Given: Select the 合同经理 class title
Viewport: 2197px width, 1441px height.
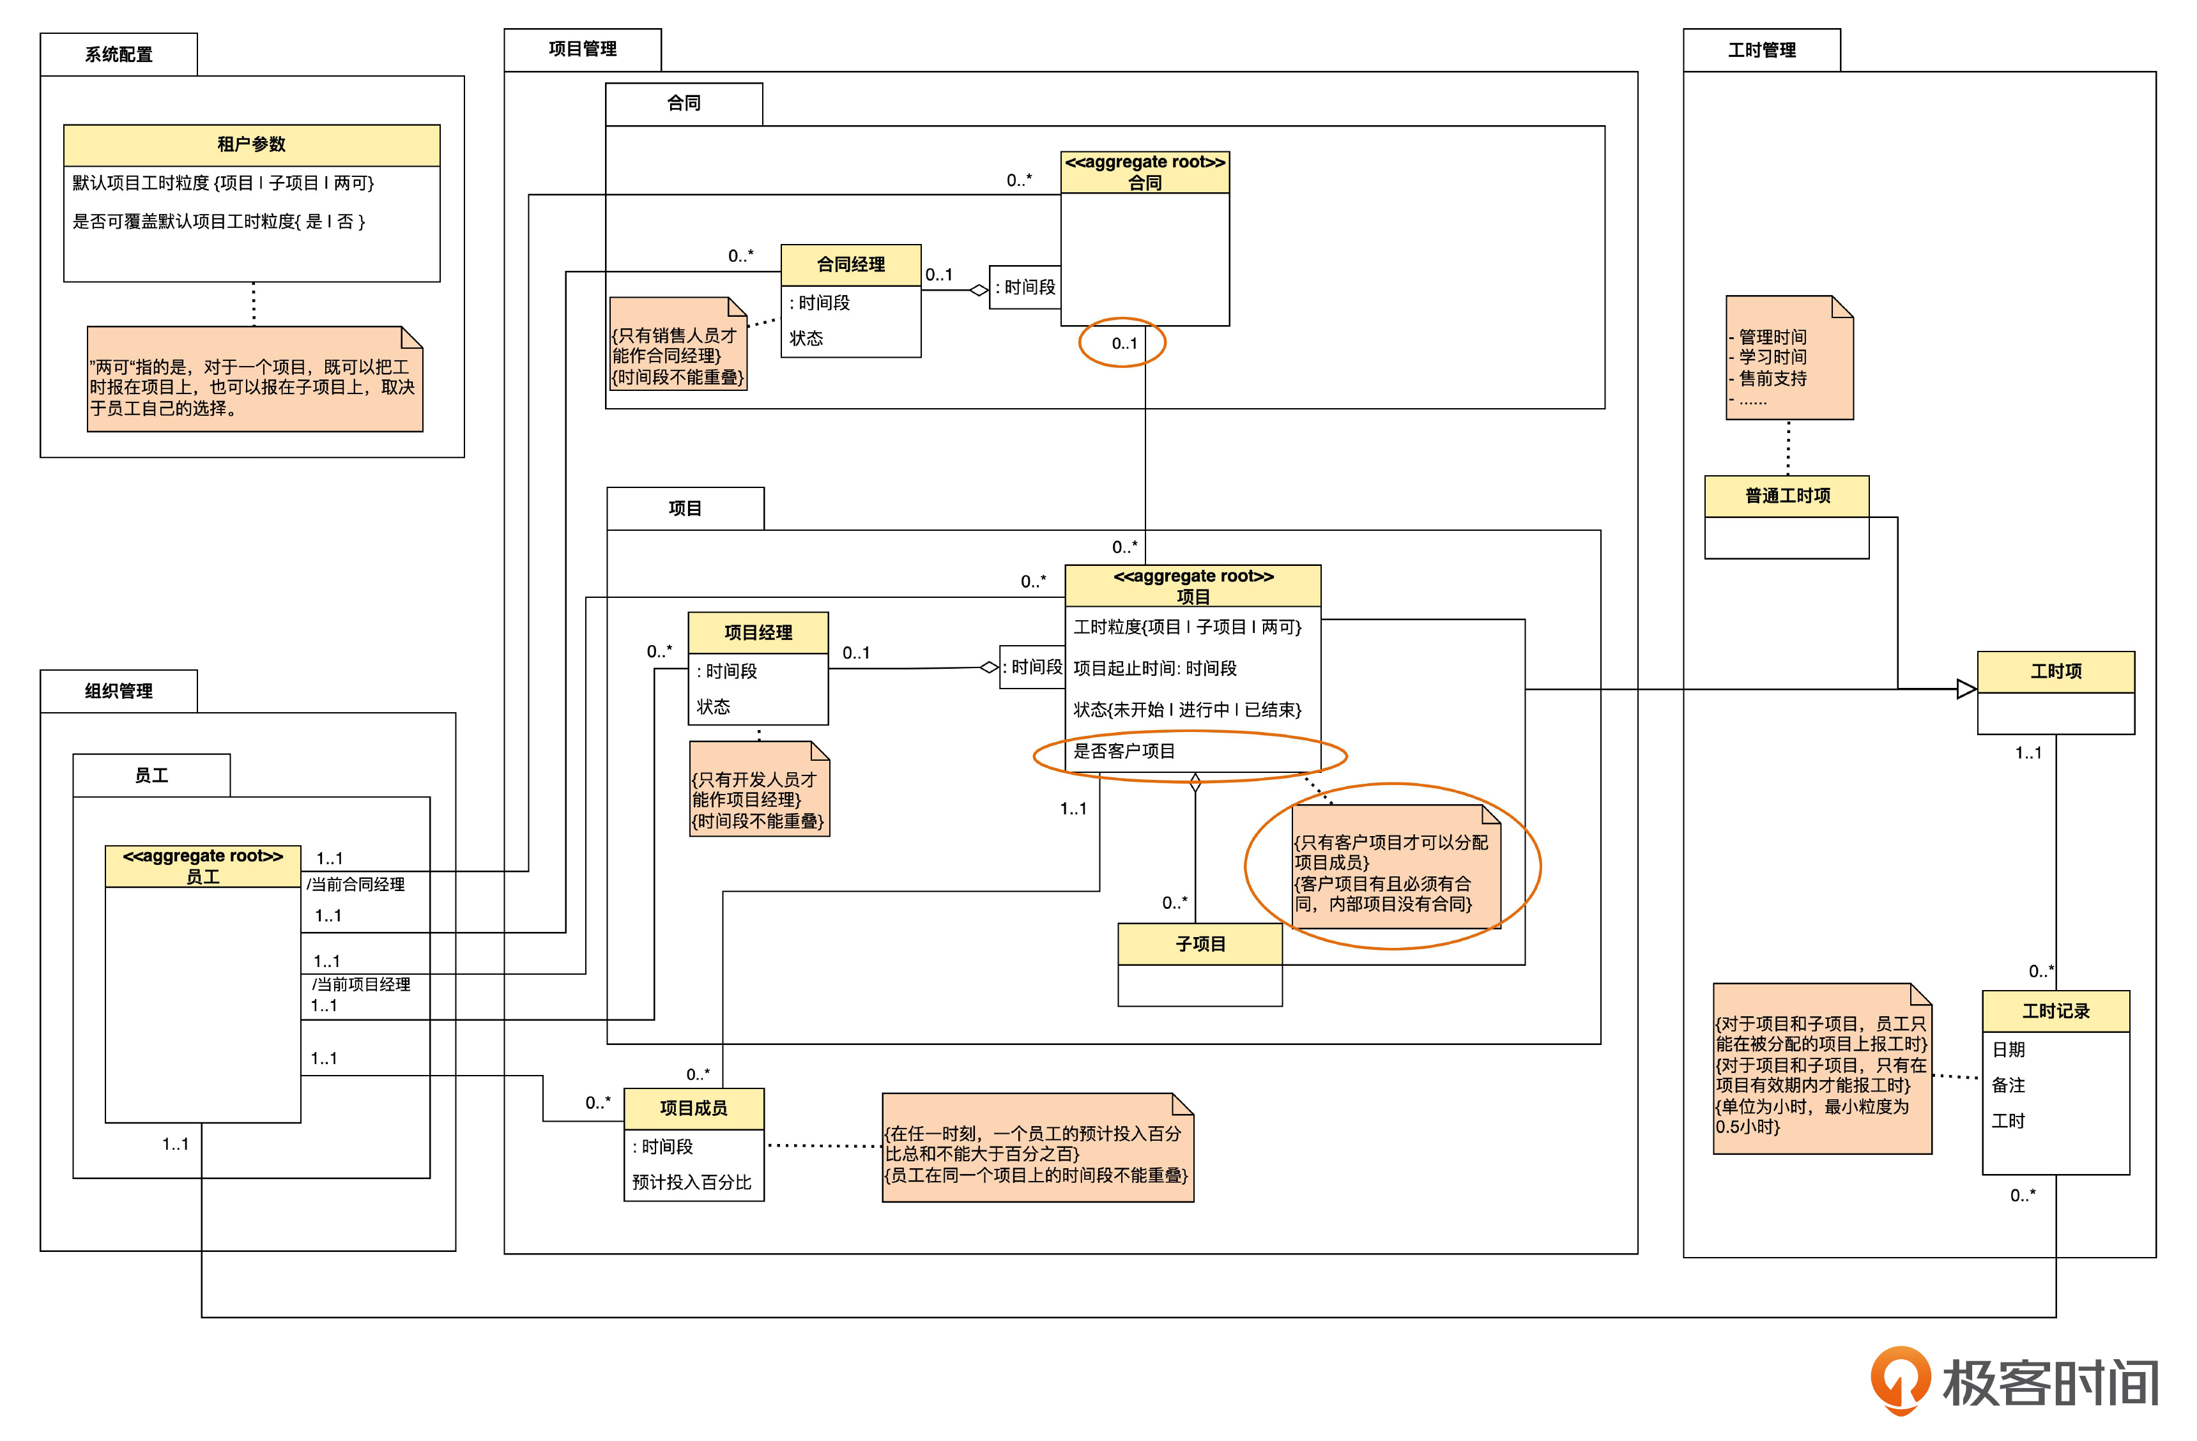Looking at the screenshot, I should tap(850, 265).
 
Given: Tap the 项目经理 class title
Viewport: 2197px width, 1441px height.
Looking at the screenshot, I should tap(758, 633).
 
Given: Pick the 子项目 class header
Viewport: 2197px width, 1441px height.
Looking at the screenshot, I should tap(1200, 944).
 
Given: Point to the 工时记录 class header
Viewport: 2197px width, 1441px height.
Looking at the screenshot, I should tap(2056, 1012).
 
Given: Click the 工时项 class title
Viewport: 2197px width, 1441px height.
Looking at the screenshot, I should tap(2056, 672).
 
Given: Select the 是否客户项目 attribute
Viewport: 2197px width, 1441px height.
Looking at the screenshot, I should tap(1124, 751).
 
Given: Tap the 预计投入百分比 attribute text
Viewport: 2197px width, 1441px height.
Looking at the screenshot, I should tap(691, 1182).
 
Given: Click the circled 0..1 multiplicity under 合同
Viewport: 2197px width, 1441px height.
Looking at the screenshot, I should tap(1124, 344).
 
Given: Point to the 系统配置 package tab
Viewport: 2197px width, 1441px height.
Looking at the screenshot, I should tap(118, 54).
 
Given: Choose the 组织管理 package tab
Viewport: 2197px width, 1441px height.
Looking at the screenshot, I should tap(118, 691).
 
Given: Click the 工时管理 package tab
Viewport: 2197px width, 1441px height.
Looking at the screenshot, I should tap(1761, 50).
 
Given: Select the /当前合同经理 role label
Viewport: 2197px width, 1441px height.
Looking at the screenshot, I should tap(356, 885).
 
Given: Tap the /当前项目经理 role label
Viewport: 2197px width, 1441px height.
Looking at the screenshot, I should tap(360, 985).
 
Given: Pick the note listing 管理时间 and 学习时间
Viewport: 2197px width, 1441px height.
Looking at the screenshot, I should tap(1789, 358).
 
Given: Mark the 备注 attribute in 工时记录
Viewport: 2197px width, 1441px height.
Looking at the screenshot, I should tap(2008, 1086).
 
